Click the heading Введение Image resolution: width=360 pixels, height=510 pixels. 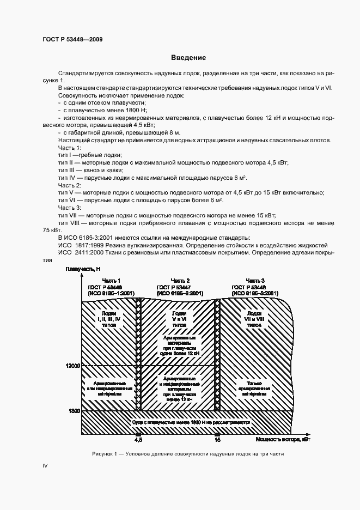tap(188, 58)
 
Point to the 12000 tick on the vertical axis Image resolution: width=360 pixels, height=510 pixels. tap(72, 366)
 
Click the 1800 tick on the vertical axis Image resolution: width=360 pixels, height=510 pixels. tap(74, 410)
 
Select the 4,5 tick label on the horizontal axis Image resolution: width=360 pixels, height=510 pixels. tap(138, 439)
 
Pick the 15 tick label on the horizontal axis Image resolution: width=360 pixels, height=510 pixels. tap(218, 439)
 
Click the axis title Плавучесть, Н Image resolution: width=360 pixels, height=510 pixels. tap(83, 270)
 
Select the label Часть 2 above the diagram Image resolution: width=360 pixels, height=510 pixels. tap(180, 280)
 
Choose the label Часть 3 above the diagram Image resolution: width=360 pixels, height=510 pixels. tap(255, 280)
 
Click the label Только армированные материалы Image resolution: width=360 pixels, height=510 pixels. tap(254, 387)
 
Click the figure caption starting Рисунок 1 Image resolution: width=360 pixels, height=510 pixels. tap(188, 454)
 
